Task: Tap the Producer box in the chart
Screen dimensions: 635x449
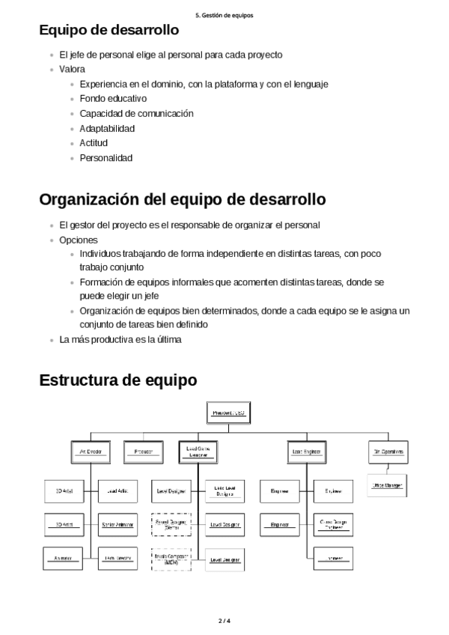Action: [x=144, y=452]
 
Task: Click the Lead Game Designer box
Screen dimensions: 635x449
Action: [x=198, y=452]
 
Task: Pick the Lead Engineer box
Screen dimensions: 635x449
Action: [x=306, y=452]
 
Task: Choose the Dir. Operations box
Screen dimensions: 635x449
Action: [x=388, y=452]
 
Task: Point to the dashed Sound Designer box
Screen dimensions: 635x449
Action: [x=171, y=524]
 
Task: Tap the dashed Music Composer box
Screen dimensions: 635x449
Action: [x=171, y=559]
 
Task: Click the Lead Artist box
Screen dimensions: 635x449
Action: [x=118, y=491]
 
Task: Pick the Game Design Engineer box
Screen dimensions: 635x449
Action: [x=333, y=524]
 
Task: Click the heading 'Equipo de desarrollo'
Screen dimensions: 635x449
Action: [x=109, y=31]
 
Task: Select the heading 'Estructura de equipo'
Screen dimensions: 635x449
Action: [x=117, y=380]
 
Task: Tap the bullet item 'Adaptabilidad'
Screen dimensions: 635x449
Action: [x=107, y=128]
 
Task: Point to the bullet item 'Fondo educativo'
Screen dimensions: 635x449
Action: [x=113, y=98]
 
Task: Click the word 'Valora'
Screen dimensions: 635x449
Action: [x=72, y=69]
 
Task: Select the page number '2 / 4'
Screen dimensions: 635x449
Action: [x=224, y=621]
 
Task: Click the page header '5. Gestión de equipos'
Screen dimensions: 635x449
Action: [x=224, y=14]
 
